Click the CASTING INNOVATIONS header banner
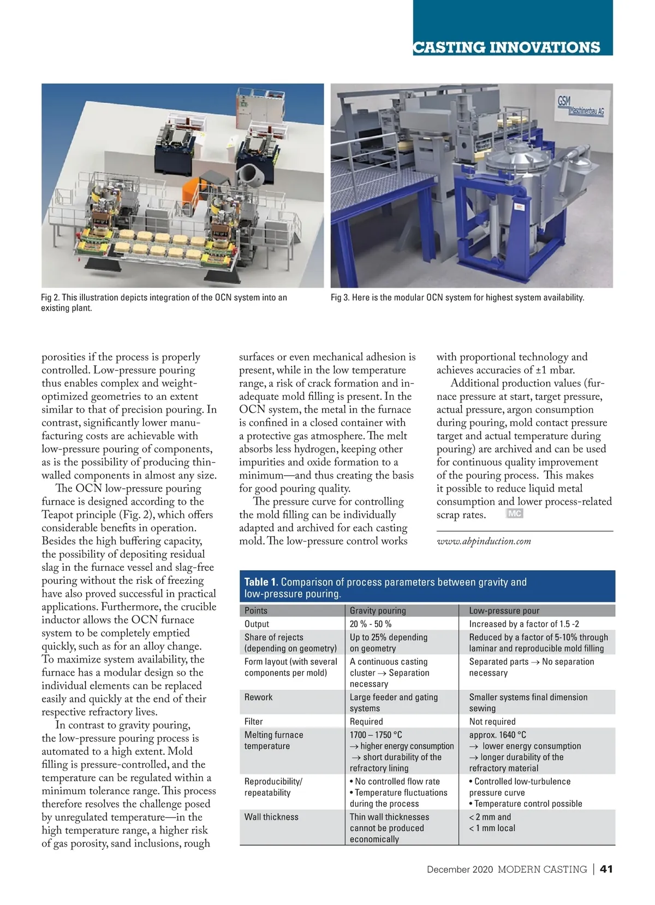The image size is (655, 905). (x=507, y=47)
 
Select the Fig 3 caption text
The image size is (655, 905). (x=457, y=298)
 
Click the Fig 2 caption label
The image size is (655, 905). (x=164, y=303)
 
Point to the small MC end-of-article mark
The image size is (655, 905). (x=514, y=514)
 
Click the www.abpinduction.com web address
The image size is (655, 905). (x=484, y=541)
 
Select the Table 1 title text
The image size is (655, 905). (x=385, y=588)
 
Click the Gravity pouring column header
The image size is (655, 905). (x=378, y=611)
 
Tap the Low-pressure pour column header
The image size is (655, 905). (x=504, y=611)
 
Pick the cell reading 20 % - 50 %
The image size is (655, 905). (x=370, y=624)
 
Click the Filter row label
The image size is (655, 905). (x=253, y=721)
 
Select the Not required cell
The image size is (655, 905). (x=492, y=721)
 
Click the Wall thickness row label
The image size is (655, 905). (x=271, y=817)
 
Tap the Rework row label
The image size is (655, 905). (x=258, y=697)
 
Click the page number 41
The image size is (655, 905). (x=606, y=869)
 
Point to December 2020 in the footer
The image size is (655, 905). (x=460, y=869)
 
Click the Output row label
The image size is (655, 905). (x=257, y=624)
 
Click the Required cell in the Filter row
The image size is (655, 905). (x=366, y=721)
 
